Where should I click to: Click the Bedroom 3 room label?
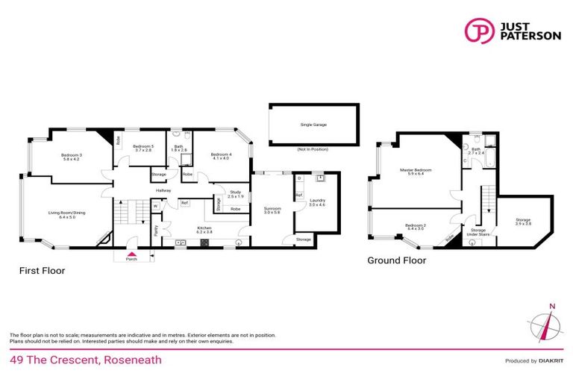point(72,156)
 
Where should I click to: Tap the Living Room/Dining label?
point(67,214)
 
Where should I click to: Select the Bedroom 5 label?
point(143,147)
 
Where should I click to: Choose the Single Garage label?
point(313,125)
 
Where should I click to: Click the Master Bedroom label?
point(416,171)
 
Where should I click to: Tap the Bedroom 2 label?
point(415,226)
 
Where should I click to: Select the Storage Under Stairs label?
point(478,233)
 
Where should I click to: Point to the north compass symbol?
point(550,325)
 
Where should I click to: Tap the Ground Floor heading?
point(396,261)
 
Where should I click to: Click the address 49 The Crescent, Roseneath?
point(86,360)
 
